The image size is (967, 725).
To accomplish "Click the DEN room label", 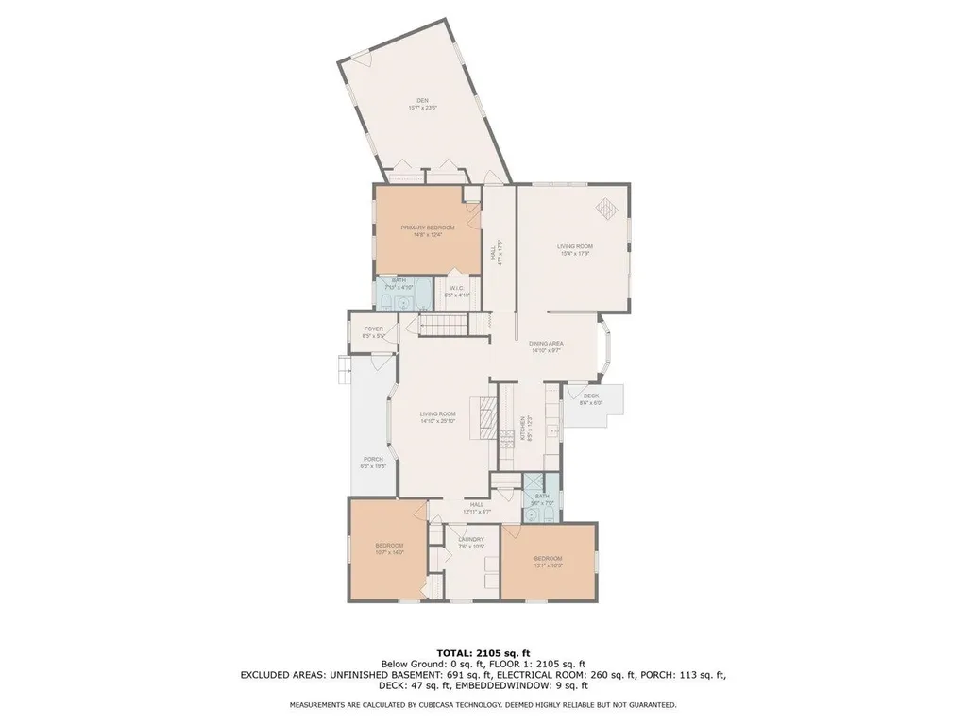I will (423, 101).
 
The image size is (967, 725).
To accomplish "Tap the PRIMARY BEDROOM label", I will (428, 228).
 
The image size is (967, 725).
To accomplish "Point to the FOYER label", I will (373, 329).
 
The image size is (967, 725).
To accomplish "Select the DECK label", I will (591, 396).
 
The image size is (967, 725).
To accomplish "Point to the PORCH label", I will (373, 461).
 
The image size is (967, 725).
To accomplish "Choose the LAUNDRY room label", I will (470, 540).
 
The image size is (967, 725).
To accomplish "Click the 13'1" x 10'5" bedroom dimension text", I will (548, 566).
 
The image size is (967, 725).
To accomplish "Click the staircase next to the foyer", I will (444, 327).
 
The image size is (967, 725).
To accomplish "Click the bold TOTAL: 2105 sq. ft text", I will (483, 652).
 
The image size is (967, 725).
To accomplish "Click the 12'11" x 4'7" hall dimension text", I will (476, 512).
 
